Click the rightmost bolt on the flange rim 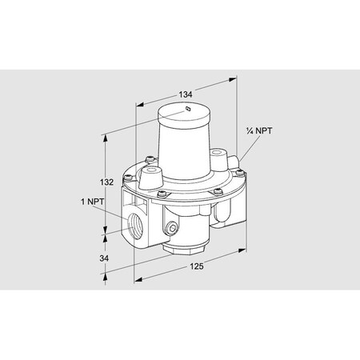pos(237,190)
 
